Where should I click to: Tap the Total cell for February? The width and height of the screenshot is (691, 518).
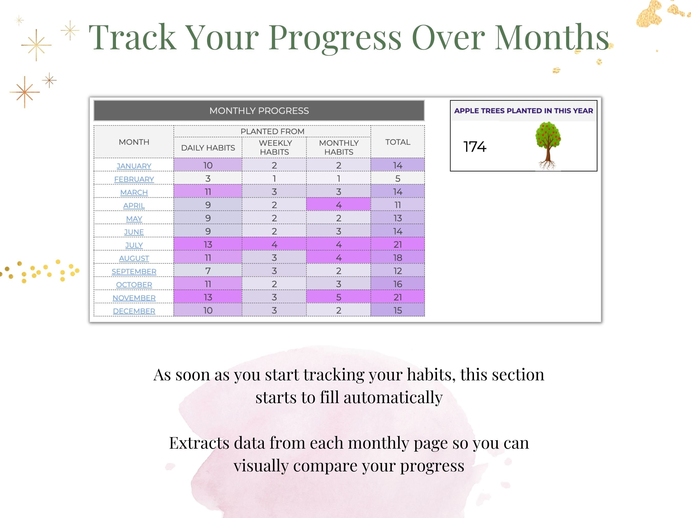click(397, 179)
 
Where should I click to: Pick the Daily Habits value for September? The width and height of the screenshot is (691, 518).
click(208, 271)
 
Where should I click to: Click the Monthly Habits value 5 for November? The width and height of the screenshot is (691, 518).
click(338, 297)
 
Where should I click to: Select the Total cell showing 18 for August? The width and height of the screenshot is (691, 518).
click(397, 258)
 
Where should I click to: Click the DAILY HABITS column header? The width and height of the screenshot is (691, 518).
click(208, 148)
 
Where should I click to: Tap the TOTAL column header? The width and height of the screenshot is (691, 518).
click(397, 142)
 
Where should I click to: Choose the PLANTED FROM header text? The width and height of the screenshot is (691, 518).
click(272, 131)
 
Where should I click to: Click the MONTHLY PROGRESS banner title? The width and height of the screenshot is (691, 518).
click(259, 111)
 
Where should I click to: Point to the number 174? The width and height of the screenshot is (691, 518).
click(474, 147)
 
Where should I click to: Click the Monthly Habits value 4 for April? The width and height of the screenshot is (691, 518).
click(338, 205)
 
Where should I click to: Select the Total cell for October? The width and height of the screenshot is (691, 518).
click(397, 284)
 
